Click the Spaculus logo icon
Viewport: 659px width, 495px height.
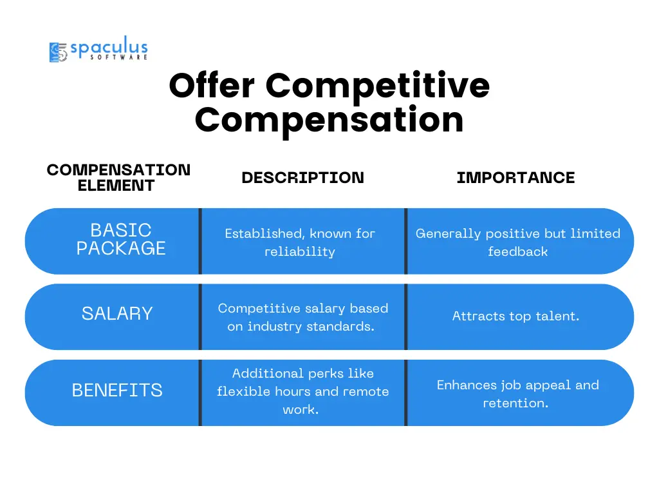58,52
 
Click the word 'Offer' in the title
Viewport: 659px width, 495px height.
212,86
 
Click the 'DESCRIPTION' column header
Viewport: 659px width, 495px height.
302,178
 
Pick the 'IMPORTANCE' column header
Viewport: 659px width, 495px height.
515,178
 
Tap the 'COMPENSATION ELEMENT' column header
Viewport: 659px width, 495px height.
118,178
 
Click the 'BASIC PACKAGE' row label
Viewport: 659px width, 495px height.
121,239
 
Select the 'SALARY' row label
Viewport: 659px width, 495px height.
117,314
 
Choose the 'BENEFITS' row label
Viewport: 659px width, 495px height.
117,390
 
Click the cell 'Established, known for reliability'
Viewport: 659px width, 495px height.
300,242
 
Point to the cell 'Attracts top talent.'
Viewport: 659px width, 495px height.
515,316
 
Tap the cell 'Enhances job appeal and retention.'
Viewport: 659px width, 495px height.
518,394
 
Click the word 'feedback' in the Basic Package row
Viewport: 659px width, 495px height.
518,252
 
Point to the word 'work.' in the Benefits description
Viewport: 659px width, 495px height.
301,409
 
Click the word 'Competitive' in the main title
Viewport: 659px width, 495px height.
377,86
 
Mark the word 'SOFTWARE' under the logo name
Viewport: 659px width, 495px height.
118,57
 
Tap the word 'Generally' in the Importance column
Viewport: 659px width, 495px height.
448,234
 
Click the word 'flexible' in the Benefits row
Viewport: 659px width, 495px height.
244,391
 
